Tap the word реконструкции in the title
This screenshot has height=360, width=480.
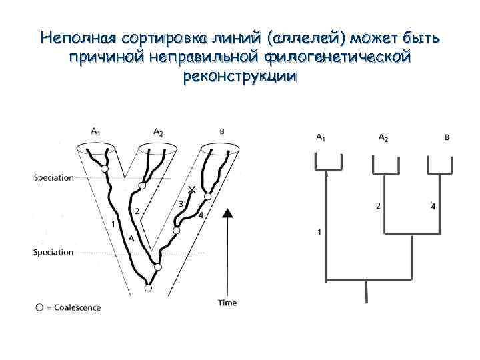tap(239, 77)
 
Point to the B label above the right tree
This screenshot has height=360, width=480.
tap(446, 138)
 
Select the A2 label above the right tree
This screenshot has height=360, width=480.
tap(383, 138)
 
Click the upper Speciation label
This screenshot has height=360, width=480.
tap(53, 177)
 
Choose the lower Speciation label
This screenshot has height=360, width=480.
tap(53, 252)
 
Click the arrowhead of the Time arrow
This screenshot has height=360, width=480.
tap(228, 213)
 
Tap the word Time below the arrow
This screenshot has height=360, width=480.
tap(227, 303)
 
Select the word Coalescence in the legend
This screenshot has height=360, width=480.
tap(78, 307)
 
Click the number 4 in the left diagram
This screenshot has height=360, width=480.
tap(201, 215)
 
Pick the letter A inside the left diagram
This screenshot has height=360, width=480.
tap(131, 238)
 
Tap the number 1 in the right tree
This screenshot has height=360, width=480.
tap(319, 232)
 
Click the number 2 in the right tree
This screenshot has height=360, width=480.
tap(378, 205)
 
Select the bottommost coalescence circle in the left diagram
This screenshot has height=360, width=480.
tap(148, 288)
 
